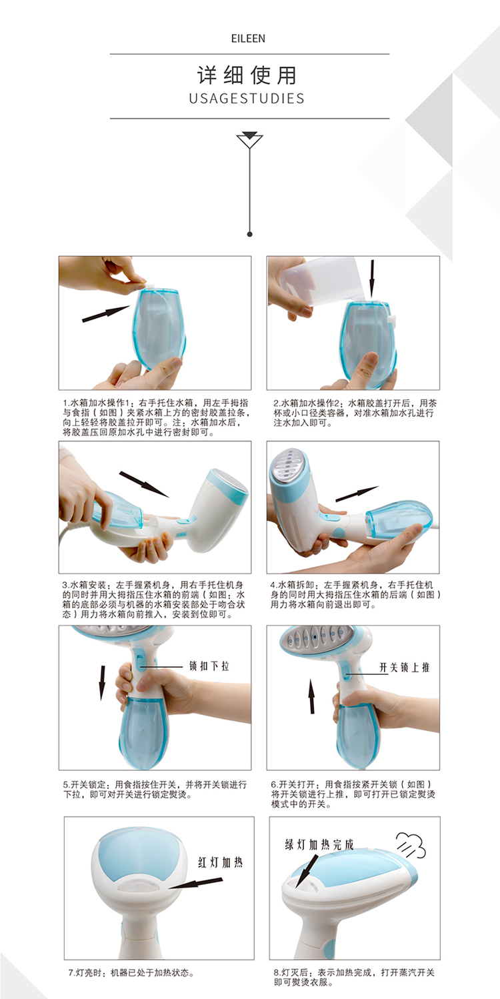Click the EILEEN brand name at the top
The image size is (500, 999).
[248, 39]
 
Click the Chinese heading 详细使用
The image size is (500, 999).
[247, 75]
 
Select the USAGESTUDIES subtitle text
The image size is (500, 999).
[247, 99]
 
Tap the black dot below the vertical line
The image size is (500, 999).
[250, 234]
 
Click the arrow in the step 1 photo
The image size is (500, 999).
[106, 313]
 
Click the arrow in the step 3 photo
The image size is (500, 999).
[144, 484]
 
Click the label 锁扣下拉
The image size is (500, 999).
[209, 666]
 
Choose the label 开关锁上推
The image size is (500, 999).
[404, 667]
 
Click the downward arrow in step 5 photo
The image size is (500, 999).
[102, 683]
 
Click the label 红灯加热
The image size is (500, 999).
[221, 862]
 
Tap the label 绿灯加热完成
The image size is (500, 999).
[319, 844]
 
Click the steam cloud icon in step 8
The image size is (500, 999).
[411, 845]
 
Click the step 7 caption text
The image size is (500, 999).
[131, 973]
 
